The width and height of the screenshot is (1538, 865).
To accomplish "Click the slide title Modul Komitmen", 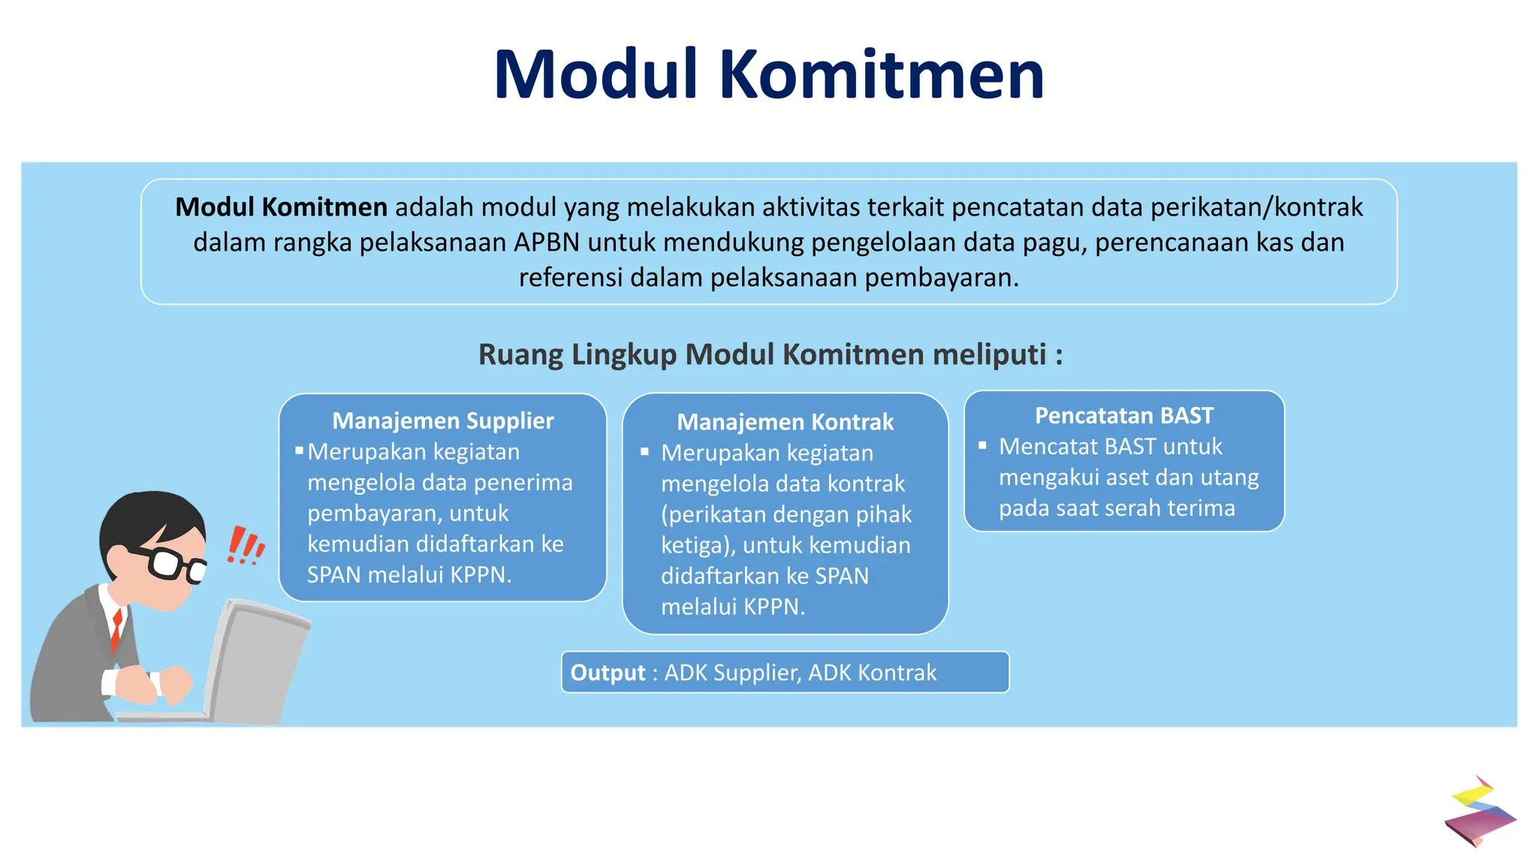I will pyautogui.click(x=768, y=75).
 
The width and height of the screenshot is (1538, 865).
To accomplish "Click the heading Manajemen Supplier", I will pyautogui.click(x=443, y=420).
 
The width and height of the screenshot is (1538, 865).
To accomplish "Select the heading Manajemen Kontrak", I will pyautogui.click(x=785, y=422).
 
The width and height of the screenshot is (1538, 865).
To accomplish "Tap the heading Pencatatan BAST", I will pyautogui.click(x=1123, y=415).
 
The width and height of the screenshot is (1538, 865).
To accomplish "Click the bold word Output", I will pyautogui.click(x=608, y=673).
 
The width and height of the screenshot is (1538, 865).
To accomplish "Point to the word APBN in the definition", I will pyautogui.click(x=547, y=243).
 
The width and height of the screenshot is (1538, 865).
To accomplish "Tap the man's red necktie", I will pyautogui.click(x=116, y=629).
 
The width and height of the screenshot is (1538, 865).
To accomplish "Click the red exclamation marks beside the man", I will pyautogui.click(x=245, y=546).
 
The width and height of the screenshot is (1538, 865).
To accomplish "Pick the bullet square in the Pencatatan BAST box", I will pyautogui.click(x=982, y=445).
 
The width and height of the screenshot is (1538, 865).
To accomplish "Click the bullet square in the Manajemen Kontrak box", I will pyautogui.click(x=644, y=452).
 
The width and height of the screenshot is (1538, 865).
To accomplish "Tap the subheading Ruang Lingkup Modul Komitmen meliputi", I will pyautogui.click(x=769, y=354).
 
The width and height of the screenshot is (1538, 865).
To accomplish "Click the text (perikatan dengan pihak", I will pyautogui.click(x=786, y=514).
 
